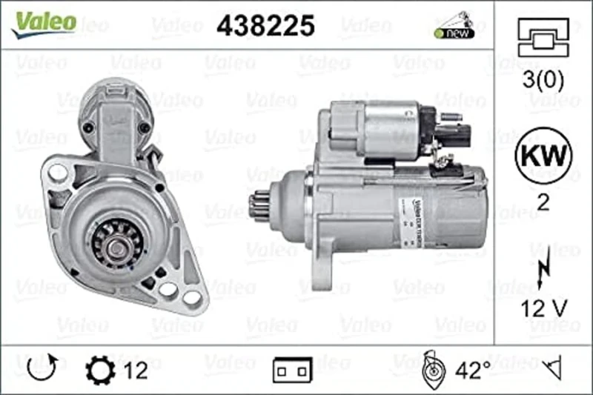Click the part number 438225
265,25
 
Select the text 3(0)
543,80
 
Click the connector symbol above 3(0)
543,37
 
